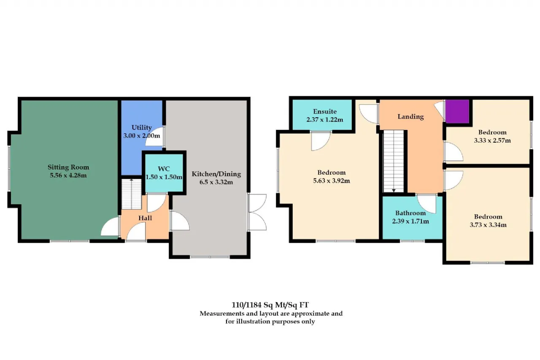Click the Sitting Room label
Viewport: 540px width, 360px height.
[x=68, y=167]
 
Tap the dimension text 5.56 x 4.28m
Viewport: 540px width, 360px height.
[x=68, y=175]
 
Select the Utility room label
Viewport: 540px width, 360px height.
[x=141, y=128]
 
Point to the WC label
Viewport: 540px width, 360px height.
[x=164, y=168]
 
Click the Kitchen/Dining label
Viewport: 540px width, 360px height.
[x=216, y=174]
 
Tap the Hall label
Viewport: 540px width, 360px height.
[x=145, y=218]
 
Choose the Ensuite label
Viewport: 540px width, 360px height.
[x=325, y=111]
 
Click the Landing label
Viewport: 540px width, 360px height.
[x=410, y=117]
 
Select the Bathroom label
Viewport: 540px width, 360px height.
[x=410, y=213]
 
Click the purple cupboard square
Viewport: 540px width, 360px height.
[x=457, y=111]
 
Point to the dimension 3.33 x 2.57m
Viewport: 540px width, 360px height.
[x=492, y=141]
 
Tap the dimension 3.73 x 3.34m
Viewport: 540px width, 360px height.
[x=488, y=225]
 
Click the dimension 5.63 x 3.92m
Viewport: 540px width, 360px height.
[x=332, y=181]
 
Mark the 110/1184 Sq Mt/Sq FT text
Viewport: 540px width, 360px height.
[x=270, y=305]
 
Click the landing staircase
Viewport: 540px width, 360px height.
[x=394, y=161]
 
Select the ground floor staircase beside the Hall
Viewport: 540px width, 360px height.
[x=131, y=194]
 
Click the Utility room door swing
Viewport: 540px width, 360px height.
[x=154, y=136]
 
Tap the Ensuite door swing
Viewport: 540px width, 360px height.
[x=321, y=141]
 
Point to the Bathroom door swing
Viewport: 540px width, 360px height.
[x=427, y=204]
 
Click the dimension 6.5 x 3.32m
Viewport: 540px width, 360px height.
[x=216, y=182]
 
